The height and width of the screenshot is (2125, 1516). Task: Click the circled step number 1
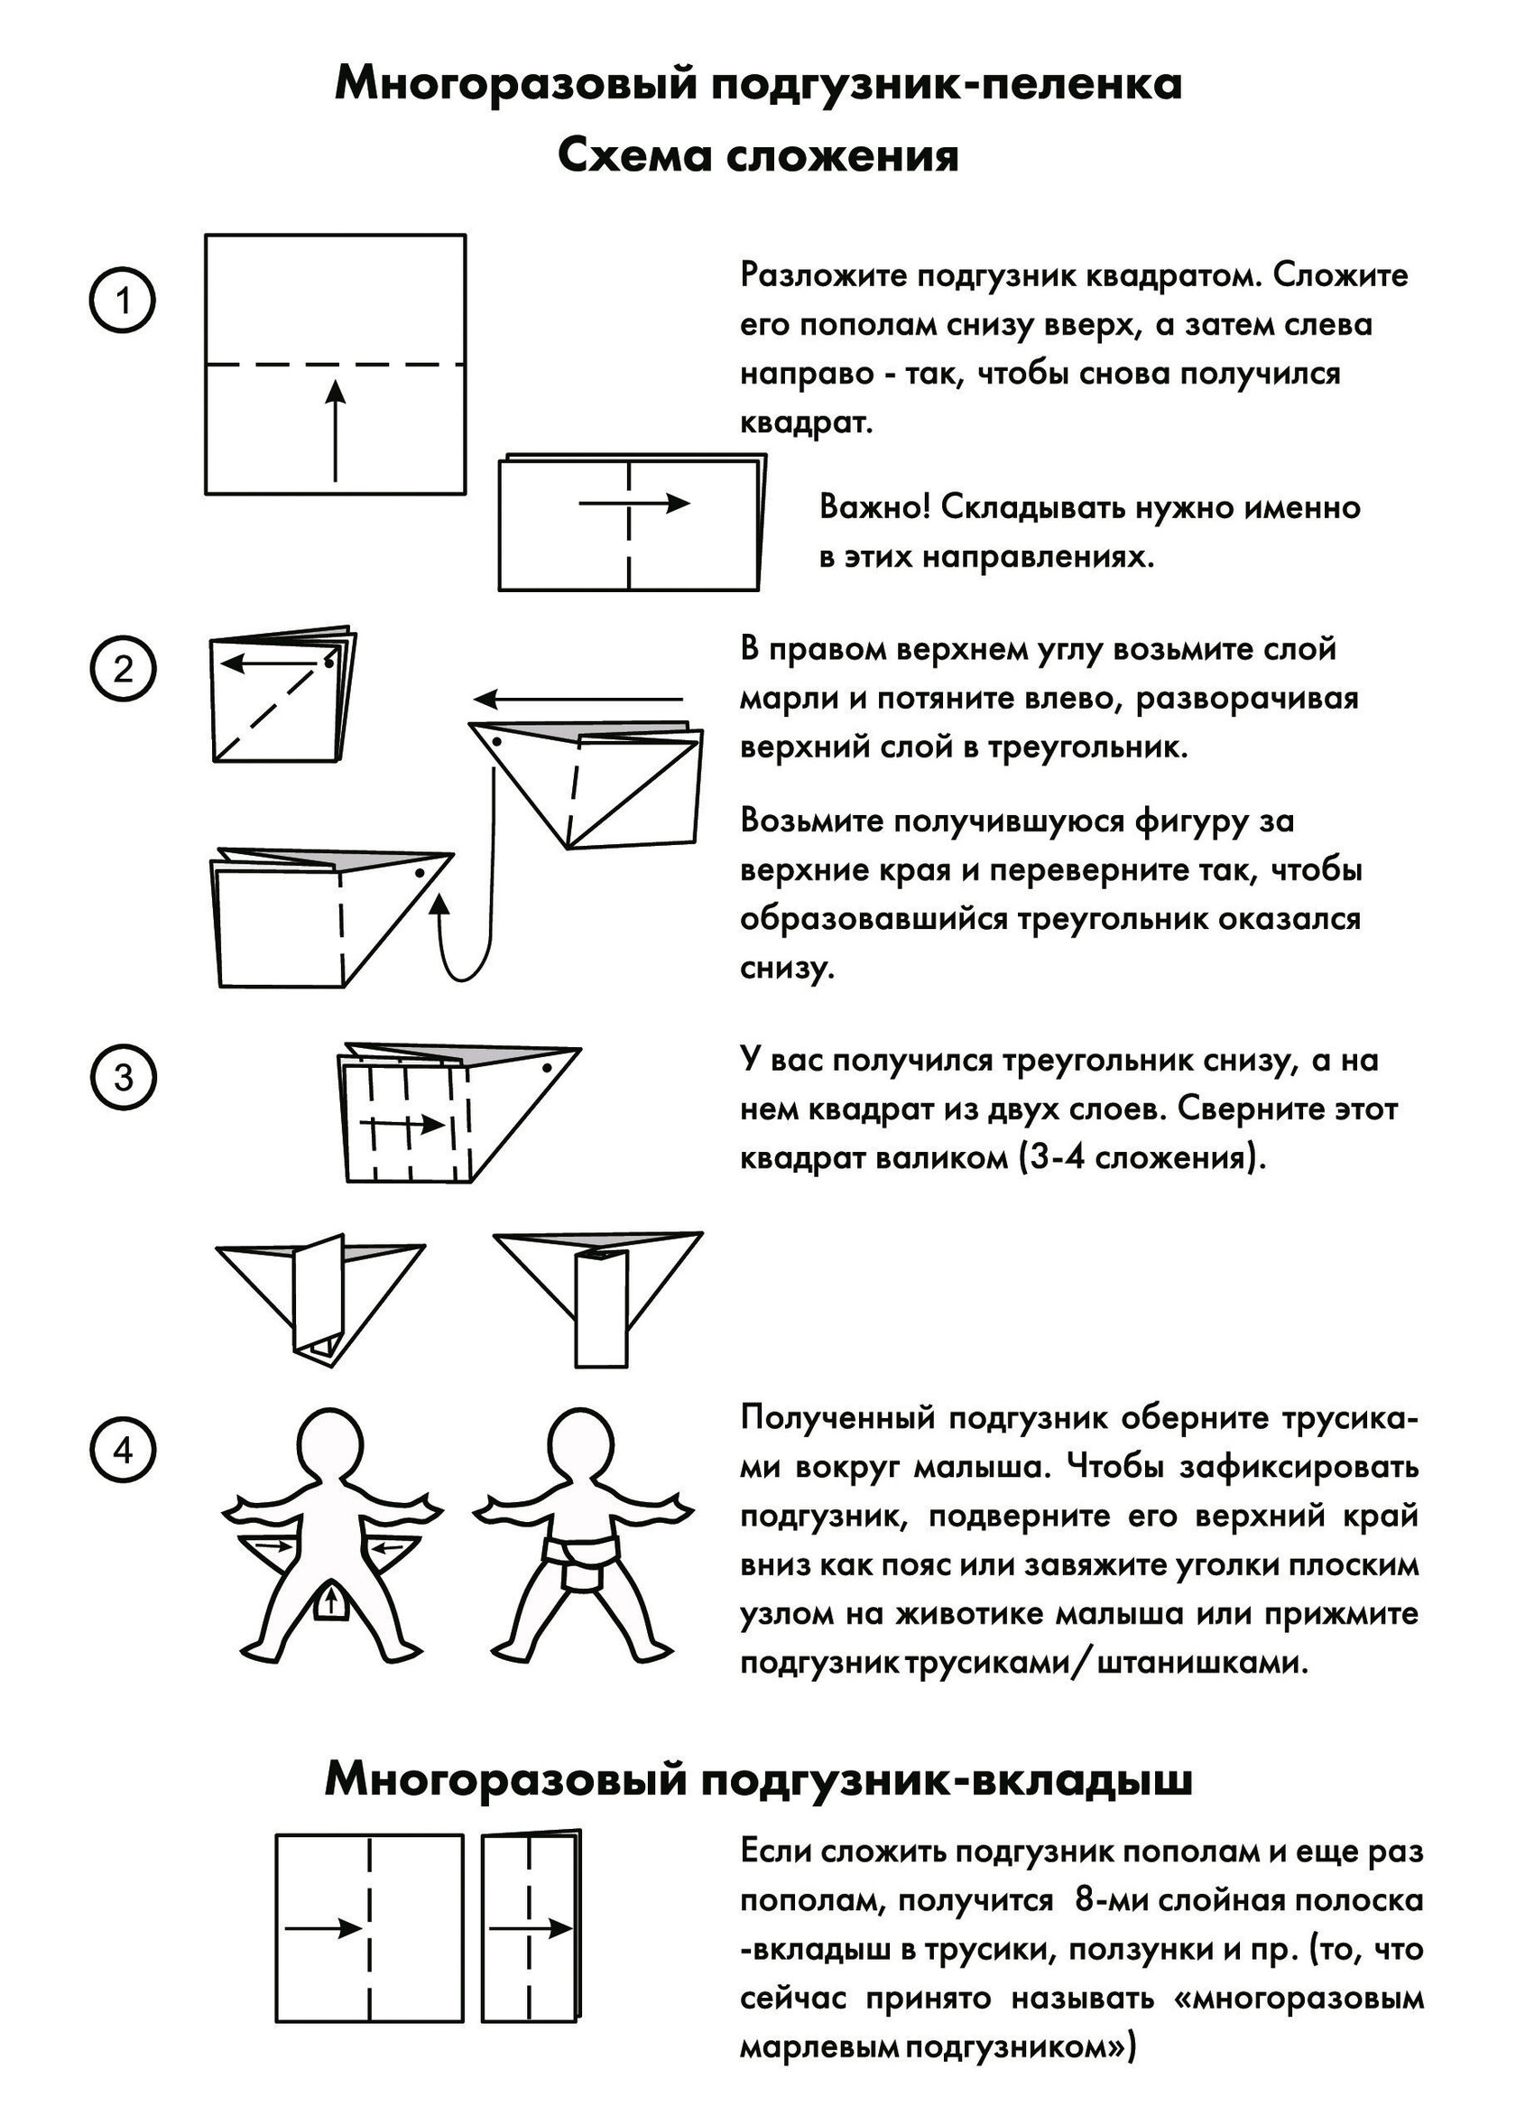123,302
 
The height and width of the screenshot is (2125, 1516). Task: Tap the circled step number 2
123,670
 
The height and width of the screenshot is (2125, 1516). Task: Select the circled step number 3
123,1078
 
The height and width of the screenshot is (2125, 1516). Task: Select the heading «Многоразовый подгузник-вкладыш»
758,1779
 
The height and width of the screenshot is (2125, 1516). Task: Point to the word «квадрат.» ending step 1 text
807,423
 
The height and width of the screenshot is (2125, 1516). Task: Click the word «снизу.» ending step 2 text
787,969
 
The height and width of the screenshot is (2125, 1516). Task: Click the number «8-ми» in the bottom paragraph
1111,1901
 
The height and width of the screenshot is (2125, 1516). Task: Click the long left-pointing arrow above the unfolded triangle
578,699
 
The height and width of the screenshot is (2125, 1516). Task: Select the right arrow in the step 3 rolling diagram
402,1125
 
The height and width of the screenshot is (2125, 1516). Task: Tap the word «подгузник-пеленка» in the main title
947,84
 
